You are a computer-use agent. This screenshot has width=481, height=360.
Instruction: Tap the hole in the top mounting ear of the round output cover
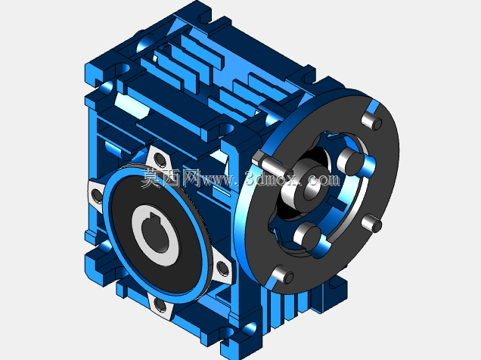pos(160,159)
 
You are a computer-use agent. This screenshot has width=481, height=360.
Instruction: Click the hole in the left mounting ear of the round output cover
pos(97,195)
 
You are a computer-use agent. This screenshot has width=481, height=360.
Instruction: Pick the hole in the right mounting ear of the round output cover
pos(222,268)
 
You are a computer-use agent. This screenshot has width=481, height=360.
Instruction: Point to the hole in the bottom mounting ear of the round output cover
pos(160,305)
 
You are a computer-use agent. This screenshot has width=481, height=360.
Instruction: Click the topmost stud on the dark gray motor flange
pos(372,121)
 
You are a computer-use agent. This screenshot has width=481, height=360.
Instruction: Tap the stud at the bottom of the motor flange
pos(283,275)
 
